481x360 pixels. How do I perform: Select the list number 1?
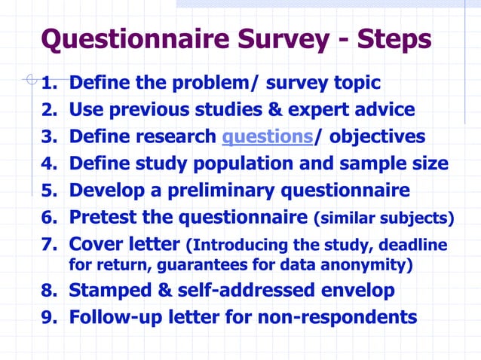(48, 82)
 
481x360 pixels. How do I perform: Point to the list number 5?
(48, 190)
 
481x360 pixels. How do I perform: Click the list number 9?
(48, 317)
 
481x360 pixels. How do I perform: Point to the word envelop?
(352, 290)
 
